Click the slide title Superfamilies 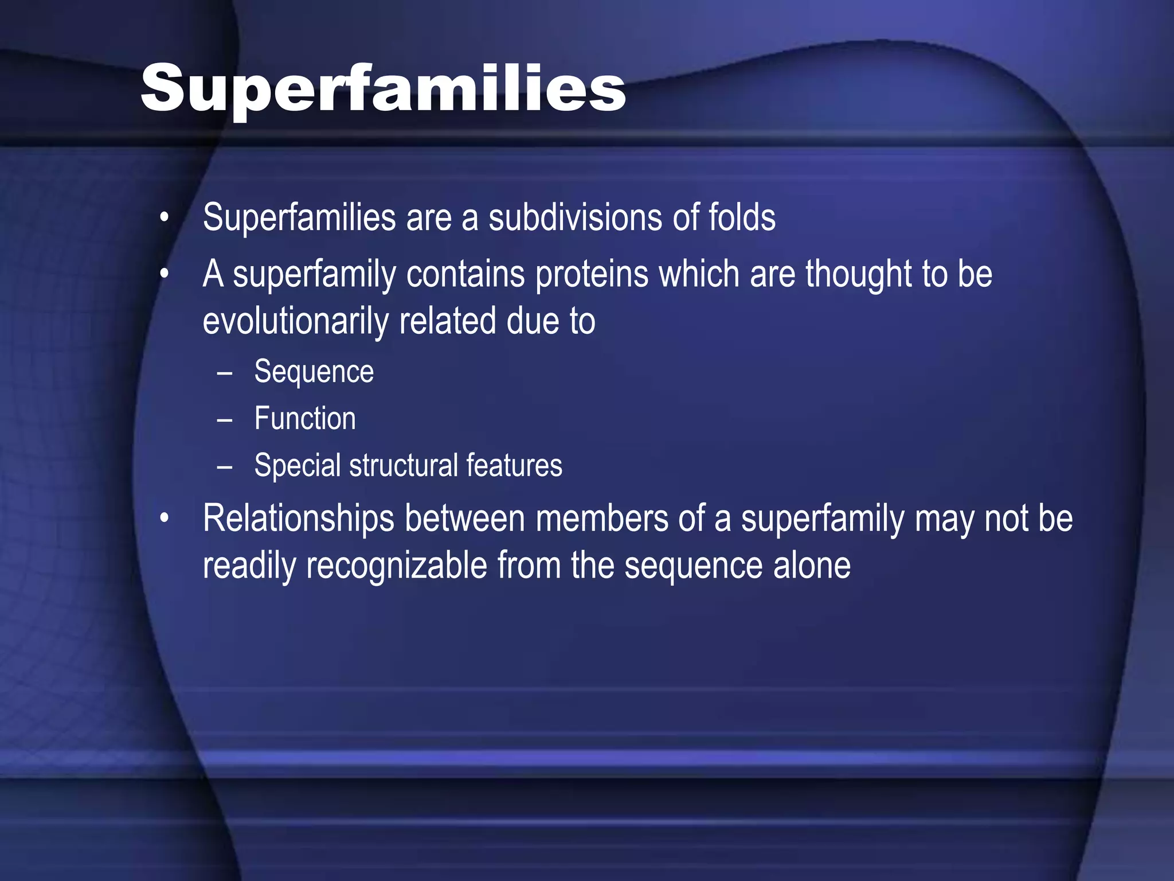click(383, 89)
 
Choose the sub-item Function click(305, 419)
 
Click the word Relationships click(299, 519)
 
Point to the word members click(602, 519)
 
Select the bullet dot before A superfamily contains click(165, 275)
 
